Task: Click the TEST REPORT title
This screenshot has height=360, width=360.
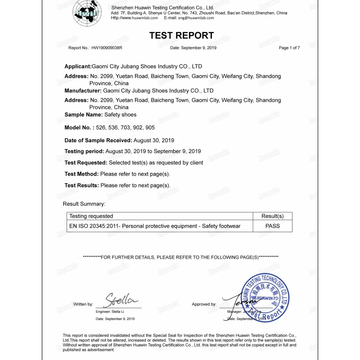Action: [x=181, y=36]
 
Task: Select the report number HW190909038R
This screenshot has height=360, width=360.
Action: [x=107, y=48]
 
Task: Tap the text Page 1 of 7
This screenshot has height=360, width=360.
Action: [x=289, y=48]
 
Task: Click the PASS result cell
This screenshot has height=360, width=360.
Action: [x=273, y=226]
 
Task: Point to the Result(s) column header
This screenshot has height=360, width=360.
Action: [x=273, y=216]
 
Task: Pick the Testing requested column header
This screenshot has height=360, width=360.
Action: [x=91, y=216]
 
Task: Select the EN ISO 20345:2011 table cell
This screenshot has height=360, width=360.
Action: [x=155, y=226]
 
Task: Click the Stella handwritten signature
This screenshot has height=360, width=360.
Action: [x=121, y=299]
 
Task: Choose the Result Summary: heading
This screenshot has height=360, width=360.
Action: [x=84, y=204]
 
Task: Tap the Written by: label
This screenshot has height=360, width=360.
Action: [x=83, y=305]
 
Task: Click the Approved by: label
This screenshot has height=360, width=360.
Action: [x=204, y=305]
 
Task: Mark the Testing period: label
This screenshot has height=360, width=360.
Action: [x=84, y=151]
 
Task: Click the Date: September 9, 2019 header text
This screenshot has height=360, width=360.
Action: [x=193, y=48]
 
